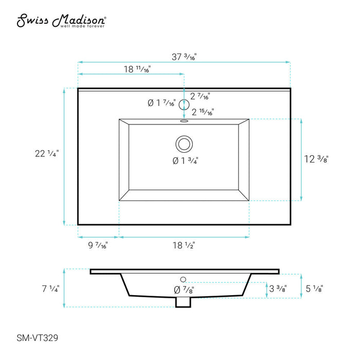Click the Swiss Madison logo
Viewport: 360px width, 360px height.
pyautogui.click(x=61, y=21)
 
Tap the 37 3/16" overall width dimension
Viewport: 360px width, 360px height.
pyautogui.click(x=184, y=57)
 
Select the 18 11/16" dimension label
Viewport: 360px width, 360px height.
pyautogui.click(x=137, y=69)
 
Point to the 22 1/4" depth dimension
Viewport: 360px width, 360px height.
pyautogui.click(x=47, y=153)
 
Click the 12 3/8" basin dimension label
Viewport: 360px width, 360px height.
pyautogui.click(x=316, y=159)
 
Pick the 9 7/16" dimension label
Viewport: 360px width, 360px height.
pyautogui.click(x=98, y=245)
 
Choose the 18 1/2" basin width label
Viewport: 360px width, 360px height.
pyautogui.click(x=184, y=245)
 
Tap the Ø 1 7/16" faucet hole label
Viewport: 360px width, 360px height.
pyautogui.click(x=161, y=103)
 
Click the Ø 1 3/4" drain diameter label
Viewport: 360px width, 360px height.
pyautogui.click(x=185, y=160)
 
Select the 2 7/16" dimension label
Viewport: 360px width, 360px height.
pyautogui.click(x=200, y=96)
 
